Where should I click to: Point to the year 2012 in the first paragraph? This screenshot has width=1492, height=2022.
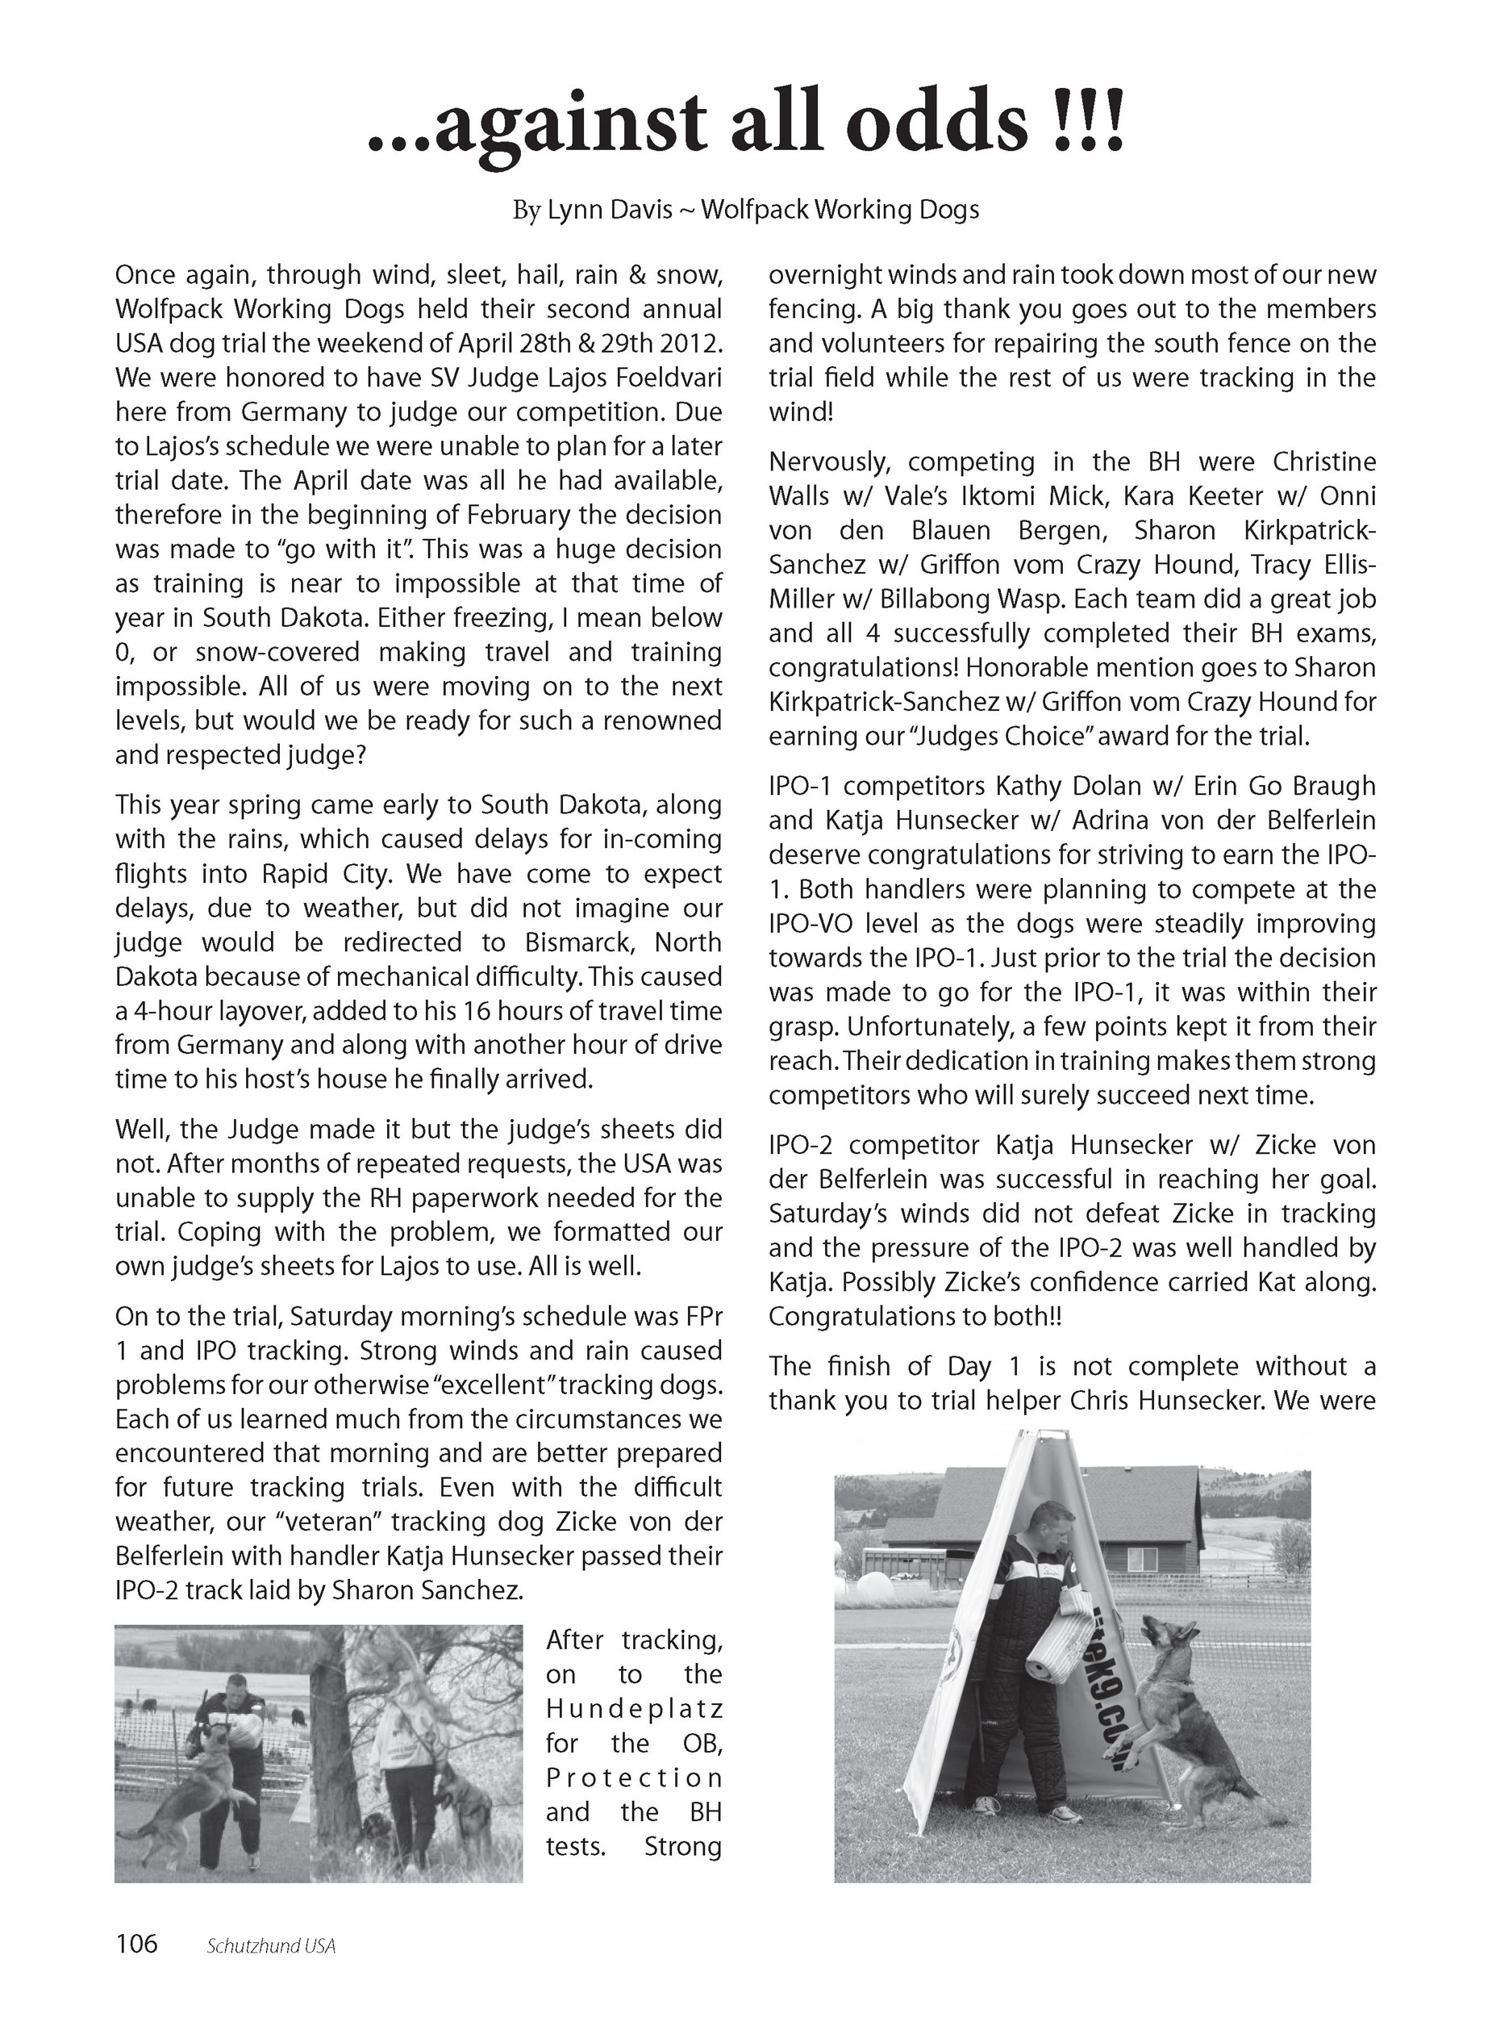click(x=692, y=344)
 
